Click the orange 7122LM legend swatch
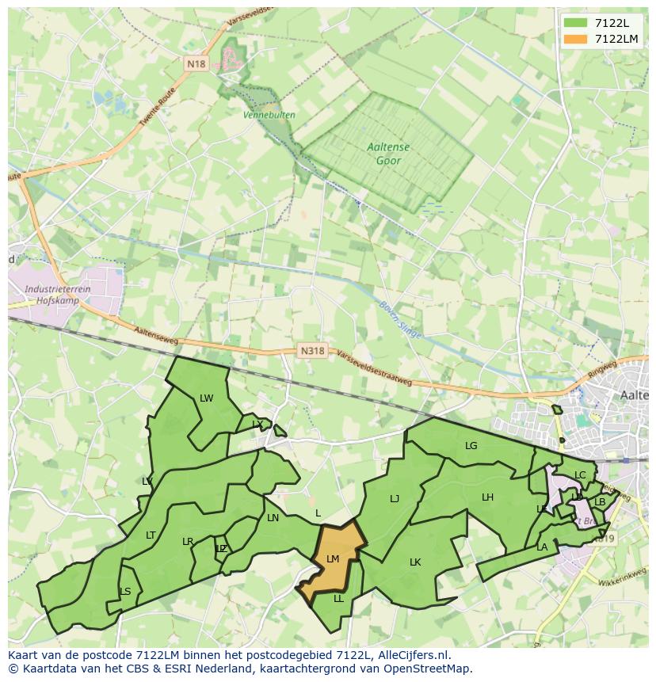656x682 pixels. [577, 39]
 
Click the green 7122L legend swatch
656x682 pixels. [577, 23]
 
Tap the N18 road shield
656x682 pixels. [196, 63]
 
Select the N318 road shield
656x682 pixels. [312, 350]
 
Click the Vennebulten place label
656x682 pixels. [269, 115]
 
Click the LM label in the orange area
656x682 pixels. [333, 559]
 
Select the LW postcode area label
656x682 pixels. [207, 398]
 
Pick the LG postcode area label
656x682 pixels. [471, 446]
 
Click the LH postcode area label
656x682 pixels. [487, 497]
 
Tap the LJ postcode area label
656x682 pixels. [395, 499]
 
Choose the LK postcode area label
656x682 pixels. [415, 562]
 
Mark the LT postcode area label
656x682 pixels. [151, 535]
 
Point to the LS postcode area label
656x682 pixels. [125, 592]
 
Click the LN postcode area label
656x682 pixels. [273, 518]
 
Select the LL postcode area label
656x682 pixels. [339, 599]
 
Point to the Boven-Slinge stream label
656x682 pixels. [400, 318]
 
